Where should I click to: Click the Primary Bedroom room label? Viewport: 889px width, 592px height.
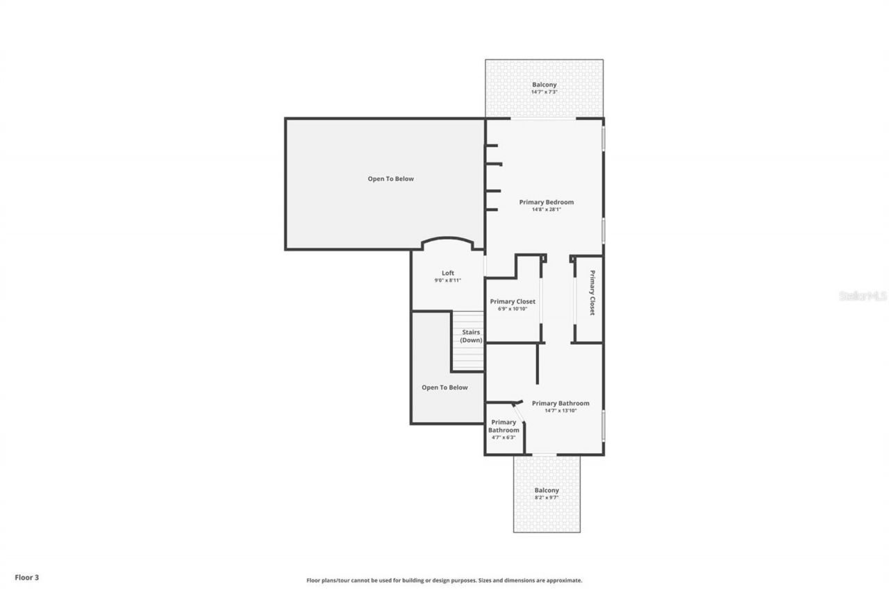click(547, 202)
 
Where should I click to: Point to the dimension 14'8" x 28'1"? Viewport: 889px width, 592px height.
click(547, 210)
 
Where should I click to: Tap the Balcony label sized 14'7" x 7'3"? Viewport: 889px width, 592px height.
click(544, 85)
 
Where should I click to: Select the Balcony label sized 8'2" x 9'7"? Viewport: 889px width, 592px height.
click(547, 490)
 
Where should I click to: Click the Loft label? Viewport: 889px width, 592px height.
click(448, 273)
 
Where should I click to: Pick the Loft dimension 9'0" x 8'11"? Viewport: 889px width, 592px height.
click(448, 280)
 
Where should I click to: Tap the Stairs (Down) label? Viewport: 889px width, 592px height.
click(471, 336)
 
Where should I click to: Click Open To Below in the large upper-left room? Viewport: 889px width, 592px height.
click(390, 178)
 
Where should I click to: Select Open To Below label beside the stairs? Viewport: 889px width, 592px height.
click(444, 387)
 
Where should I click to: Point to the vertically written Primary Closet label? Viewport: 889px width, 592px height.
click(592, 293)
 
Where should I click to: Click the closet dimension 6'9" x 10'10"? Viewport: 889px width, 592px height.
click(513, 309)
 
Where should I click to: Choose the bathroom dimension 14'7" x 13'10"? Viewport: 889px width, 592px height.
click(560, 411)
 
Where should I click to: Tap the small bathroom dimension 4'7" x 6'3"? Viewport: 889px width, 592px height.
click(503, 437)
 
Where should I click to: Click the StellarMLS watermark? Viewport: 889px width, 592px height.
click(863, 296)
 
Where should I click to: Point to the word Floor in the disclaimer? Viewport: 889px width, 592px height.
click(314, 580)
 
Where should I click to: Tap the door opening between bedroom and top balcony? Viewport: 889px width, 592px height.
click(543, 119)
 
